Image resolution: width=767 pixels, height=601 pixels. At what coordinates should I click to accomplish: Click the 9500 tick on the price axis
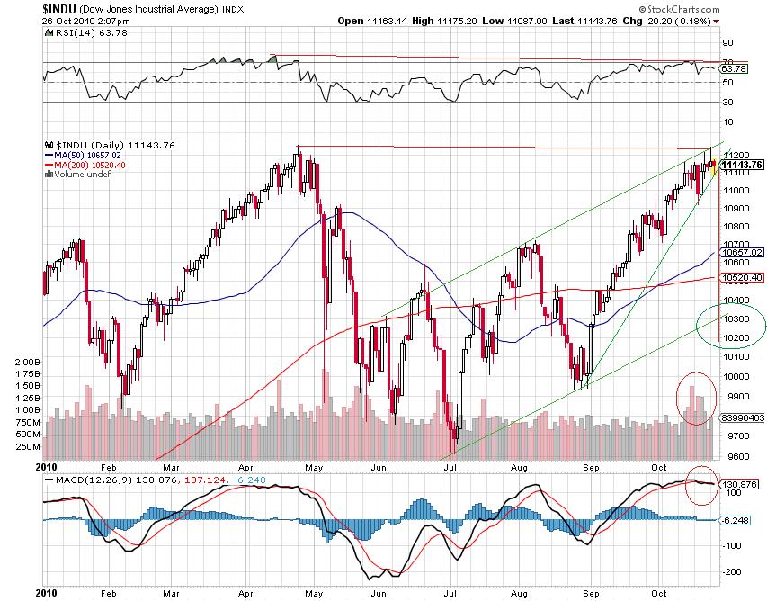734,456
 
